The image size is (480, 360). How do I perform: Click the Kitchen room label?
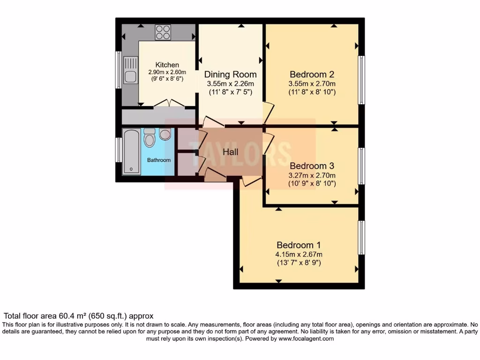coord(167,65)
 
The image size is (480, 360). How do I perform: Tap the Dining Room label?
coord(230,75)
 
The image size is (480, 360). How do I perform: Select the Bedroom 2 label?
coord(312,75)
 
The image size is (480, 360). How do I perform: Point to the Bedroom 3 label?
coord(312,166)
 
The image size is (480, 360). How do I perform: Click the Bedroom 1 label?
coord(299,245)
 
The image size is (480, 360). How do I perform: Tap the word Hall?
coord(230,152)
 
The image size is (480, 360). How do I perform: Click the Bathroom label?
coord(159,160)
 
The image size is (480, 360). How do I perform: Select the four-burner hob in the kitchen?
coord(163,32)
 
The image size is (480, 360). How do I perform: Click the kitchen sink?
coord(130,70)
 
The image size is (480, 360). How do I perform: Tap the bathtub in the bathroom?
coord(132,152)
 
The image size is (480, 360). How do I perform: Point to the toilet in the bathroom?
coord(150,137)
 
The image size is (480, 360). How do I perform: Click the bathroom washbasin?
coord(165,134)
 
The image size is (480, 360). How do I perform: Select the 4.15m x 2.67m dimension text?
coord(299,255)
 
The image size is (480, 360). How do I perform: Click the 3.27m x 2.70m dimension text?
coord(312,175)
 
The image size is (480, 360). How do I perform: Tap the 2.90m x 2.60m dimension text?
coord(167,72)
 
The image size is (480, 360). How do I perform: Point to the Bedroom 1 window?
coord(361,238)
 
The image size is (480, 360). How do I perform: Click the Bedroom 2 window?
coord(361,80)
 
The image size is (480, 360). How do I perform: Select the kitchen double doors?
coord(169,103)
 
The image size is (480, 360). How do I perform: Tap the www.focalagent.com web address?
coord(306,338)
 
